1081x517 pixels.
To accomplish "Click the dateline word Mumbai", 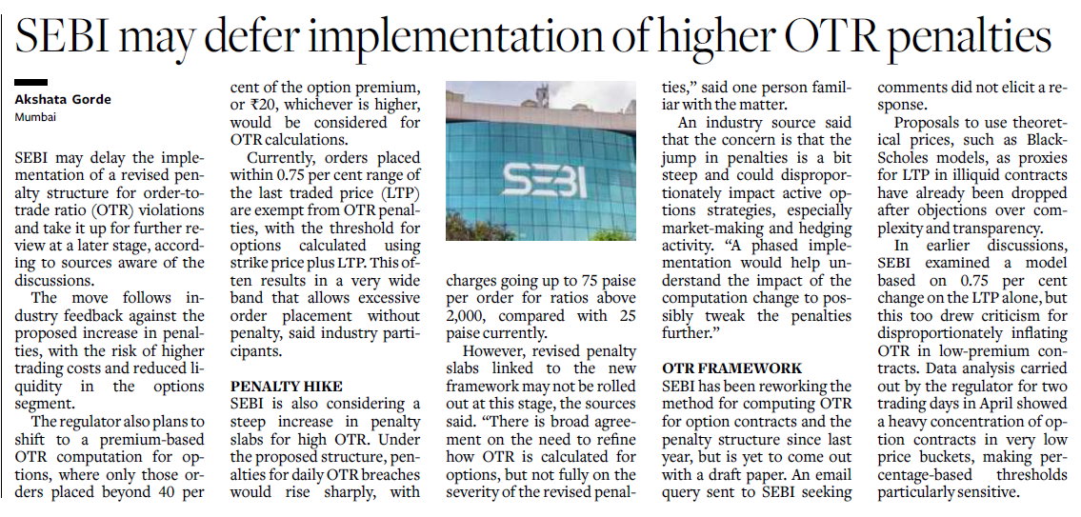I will pos(34,117).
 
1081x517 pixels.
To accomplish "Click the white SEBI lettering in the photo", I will pos(544,180).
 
